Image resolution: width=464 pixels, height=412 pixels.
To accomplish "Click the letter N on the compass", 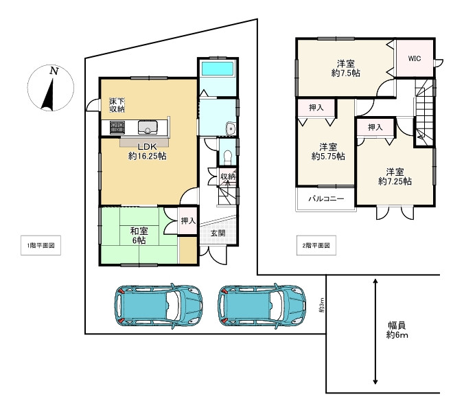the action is (54, 71).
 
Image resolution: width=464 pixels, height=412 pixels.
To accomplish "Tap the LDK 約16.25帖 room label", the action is (147, 152).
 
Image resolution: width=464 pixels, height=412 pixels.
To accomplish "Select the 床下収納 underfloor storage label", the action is (117, 105).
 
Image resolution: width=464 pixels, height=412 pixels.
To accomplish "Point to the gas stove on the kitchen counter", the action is (117, 128).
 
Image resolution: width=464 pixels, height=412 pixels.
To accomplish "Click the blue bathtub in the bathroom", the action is (218, 69).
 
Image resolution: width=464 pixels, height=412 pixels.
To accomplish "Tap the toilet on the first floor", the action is (228, 157).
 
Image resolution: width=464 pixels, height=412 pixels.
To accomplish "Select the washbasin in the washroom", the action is (230, 129).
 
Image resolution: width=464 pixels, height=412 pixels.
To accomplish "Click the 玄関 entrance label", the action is (218, 233).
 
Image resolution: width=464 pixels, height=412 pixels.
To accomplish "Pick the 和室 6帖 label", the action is (139, 236).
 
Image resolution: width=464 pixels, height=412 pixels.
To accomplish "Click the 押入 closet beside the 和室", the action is (188, 221).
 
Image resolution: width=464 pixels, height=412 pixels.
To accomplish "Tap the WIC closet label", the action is (415, 58).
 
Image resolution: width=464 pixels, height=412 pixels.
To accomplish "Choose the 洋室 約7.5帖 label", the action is (346, 69).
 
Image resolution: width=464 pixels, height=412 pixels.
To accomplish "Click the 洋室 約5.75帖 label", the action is (328, 152).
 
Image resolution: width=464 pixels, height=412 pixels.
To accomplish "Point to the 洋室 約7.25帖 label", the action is (395, 176).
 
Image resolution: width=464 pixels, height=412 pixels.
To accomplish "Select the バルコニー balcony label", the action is (327, 198).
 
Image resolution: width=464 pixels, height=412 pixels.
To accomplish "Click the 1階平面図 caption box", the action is (40, 245).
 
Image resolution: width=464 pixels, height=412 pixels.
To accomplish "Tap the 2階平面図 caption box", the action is (316, 245).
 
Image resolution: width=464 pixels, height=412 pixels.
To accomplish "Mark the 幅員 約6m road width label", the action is (397, 330).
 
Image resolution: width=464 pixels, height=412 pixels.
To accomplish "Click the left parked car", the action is (159, 306).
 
